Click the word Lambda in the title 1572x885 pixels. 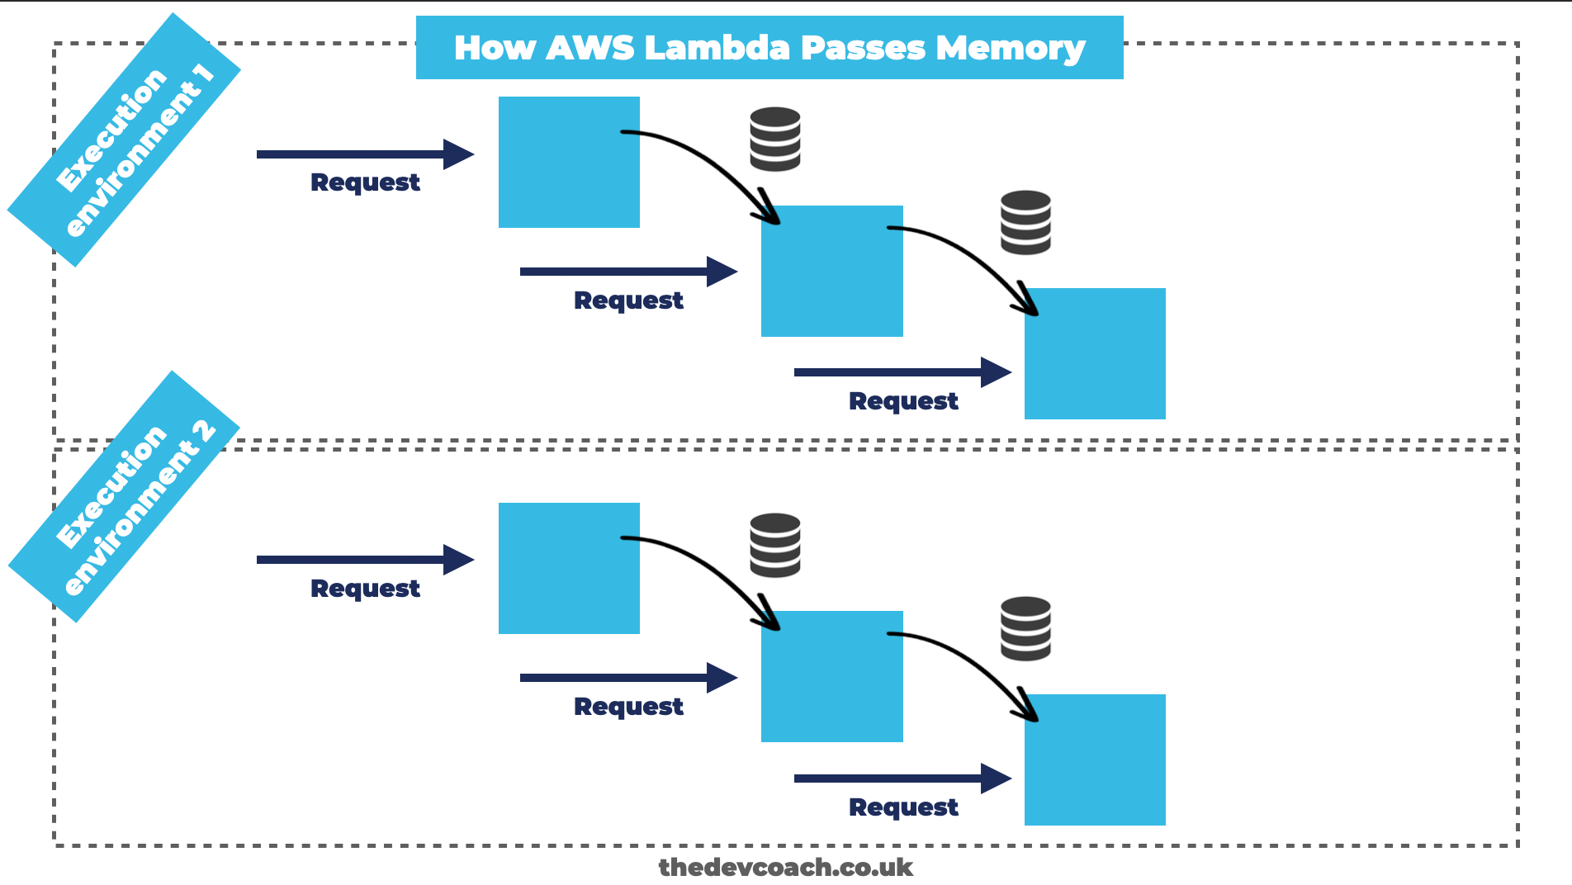[x=718, y=48]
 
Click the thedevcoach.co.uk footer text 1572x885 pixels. [x=785, y=867]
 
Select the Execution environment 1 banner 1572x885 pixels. [x=124, y=140]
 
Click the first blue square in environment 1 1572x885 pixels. [x=569, y=162]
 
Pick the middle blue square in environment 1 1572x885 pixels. [x=831, y=271]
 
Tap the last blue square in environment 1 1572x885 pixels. [x=1095, y=353]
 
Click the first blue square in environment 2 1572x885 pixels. [x=569, y=568]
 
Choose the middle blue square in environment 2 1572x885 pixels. [x=831, y=676]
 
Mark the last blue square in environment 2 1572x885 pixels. [x=1095, y=760]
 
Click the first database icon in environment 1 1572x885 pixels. [x=774, y=139]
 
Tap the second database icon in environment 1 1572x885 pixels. [x=1025, y=222]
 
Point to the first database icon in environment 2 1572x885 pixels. [x=774, y=545]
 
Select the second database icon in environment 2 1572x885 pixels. [x=1025, y=628]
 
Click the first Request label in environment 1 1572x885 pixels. [x=365, y=182]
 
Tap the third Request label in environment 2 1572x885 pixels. [x=903, y=807]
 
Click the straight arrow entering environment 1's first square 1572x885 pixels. [x=363, y=154]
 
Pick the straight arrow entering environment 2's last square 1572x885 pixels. [x=902, y=779]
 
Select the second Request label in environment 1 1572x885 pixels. [x=628, y=301]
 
